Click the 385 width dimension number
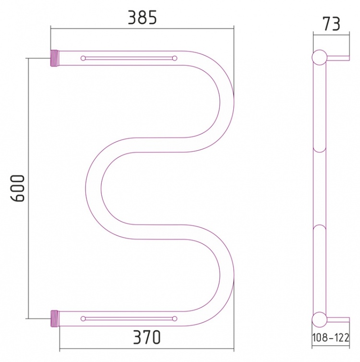coord(143,18)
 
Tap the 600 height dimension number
coord(18,188)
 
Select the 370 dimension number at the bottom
coord(147,338)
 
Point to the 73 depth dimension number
coord(332,24)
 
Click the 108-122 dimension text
coord(331,338)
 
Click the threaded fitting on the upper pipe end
coord(55,58)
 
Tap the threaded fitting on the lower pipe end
coord(55,319)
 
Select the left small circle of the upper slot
coord(83,58)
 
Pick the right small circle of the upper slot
coord(174,58)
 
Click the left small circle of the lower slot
coord(83,319)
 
